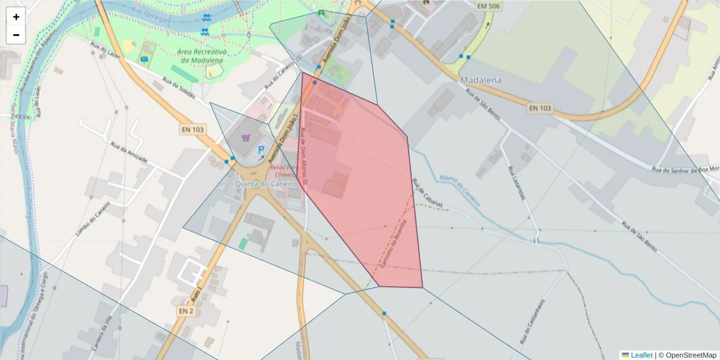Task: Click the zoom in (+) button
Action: tap(16, 17)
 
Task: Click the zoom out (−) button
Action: tap(16, 35)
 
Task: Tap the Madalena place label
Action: tap(481, 80)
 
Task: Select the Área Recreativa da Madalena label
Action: tap(202, 55)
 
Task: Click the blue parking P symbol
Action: tap(261, 150)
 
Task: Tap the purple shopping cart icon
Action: tap(245, 138)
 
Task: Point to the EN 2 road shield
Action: tap(186, 311)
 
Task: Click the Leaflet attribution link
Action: tap(641, 355)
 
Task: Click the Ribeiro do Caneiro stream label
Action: tap(459, 190)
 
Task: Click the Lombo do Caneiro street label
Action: tap(93, 219)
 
